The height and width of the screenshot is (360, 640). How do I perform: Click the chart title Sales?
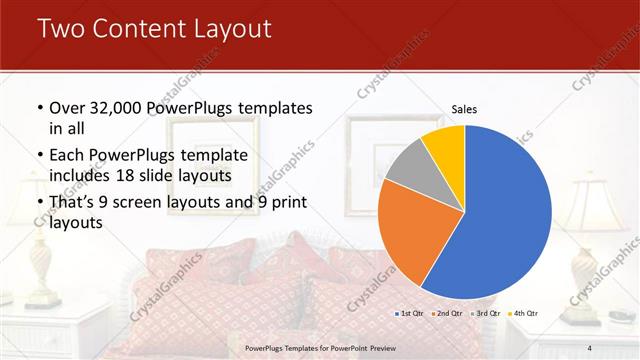pos(463,108)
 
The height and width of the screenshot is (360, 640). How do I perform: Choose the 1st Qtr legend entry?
pos(409,314)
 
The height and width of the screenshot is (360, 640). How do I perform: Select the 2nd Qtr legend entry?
pos(447,314)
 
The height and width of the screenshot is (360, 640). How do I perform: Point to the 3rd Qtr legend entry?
pos(485,314)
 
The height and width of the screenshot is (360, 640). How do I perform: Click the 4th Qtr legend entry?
pos(523,314)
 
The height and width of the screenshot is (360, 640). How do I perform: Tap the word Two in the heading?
pos(57,29)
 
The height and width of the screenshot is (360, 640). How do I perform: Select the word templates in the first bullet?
pos(276,108)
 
